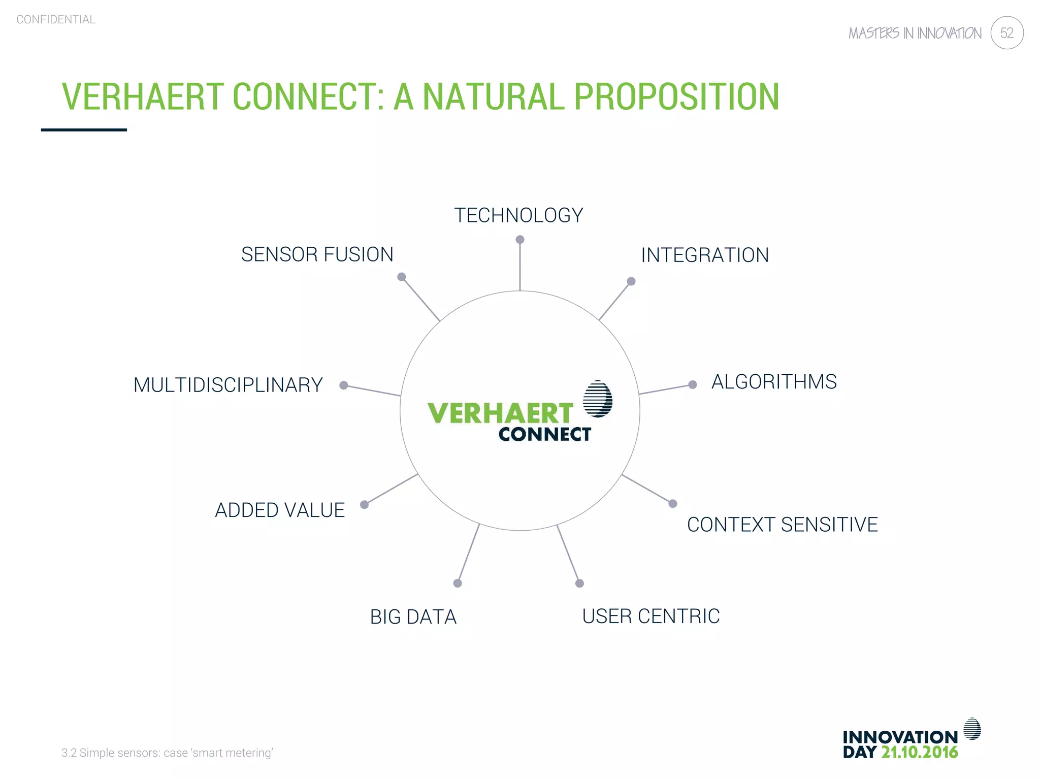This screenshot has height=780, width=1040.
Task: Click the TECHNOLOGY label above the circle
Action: pos(518,215)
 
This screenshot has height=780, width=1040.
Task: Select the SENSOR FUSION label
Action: pos(317,254)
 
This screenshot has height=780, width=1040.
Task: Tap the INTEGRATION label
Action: pos(705,255)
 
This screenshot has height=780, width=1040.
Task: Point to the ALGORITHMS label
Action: pos(774,382)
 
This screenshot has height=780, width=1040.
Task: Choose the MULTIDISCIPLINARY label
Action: pos(228,385)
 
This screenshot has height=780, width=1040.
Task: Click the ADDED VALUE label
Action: pos(280,510)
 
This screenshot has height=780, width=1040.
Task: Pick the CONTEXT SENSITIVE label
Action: pos(782,525)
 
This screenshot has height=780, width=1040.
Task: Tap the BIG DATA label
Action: pos(413,617)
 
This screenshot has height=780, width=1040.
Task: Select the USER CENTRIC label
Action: pos(651,616)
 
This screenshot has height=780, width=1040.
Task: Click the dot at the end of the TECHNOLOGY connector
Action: pos(520,239)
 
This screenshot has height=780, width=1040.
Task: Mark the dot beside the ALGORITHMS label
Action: pos(692,384)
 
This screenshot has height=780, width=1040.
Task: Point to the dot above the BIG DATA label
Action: pos(458,583)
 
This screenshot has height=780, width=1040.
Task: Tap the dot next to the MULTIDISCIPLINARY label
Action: pos(344,385)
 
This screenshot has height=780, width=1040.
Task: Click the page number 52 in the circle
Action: pos(1006,33)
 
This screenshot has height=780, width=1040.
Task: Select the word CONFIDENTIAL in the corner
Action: pos(56,19)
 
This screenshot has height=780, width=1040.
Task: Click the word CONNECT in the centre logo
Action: pos(544,435)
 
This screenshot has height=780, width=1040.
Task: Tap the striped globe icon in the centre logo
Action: pos(597,399)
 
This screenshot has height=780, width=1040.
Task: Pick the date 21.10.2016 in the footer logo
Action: pos(919,752)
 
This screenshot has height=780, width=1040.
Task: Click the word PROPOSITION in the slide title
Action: pos(676,96)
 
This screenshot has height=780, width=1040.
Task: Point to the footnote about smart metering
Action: pos(167,753)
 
